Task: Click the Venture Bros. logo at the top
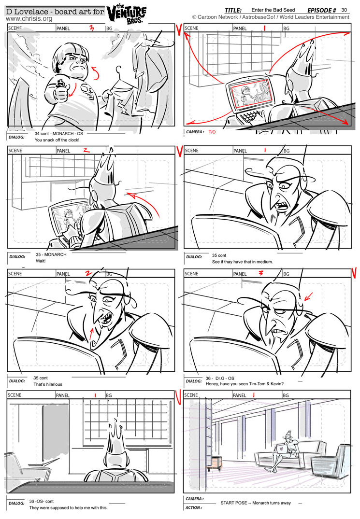tap(126, 14)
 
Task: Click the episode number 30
tap(344, 10)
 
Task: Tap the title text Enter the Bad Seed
tap(273, 10)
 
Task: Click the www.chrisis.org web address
tap(29, 19)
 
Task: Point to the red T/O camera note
tap(212, 132)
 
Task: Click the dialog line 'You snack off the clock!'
tap(57, 140)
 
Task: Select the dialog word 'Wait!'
tap(41, 261)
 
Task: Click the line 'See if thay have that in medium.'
tap(243, 262)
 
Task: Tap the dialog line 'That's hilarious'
tap(48, 384)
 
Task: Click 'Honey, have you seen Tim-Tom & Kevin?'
tap(245, 384)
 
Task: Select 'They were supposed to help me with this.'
tap(68, 508)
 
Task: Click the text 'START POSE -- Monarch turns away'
tap(256, 503)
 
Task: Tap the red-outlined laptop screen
tap(252, 92)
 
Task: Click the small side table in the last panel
tap(214, 463)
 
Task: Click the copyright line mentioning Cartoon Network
tap(271, 17)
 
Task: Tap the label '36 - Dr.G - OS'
tap(220, 378)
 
